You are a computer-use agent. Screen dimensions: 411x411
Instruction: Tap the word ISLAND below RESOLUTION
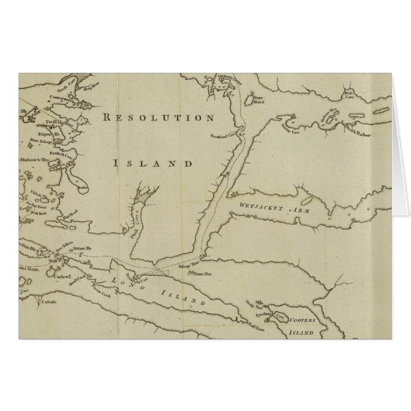153,163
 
